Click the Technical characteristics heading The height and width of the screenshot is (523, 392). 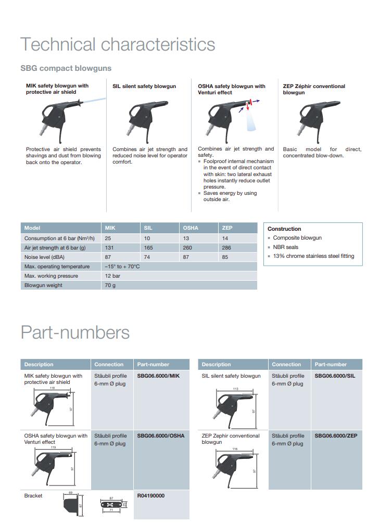point(117,44)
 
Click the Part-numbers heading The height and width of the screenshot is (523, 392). point(75,332)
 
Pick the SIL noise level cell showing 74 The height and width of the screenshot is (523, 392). point(147,257)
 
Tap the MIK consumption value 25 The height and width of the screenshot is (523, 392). point(108,238)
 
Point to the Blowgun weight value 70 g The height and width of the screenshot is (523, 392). point(110,285)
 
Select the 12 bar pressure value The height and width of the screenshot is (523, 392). point(112,276)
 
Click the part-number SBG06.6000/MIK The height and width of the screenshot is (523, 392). point(158,376)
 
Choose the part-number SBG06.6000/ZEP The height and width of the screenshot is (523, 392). point(336,435)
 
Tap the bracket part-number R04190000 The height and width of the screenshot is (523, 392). point(151,495)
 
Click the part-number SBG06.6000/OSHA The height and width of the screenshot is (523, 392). point(161,435)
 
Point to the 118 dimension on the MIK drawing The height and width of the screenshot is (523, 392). point(52,388)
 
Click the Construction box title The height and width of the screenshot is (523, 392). point(284,229)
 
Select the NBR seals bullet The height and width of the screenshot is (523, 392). point(286,247)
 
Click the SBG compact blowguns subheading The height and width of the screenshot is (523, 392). point(66,68)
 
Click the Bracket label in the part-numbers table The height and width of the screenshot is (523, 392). point(33,495)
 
